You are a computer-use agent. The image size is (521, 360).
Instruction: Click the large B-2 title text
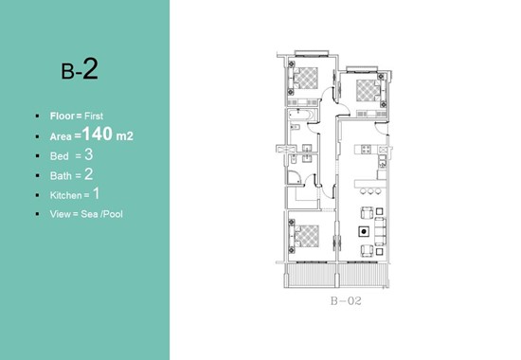[x=80, y=69]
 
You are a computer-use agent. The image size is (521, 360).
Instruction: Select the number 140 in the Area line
[x=98, y=134]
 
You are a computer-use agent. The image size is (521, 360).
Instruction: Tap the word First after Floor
[x=94, y=116]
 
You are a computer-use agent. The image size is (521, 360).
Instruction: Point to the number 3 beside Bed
[x=89, y=154]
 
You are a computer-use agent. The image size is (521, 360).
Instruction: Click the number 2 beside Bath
[x=89, y=174]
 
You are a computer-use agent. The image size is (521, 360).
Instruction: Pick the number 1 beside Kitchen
[x=96, y=193]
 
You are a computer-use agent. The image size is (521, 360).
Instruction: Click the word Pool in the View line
[x=113, y=214]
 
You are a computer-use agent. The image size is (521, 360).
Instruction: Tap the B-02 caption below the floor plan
[x=346, y=301]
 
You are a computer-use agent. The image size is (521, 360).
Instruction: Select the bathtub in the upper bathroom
[x=301, y=115]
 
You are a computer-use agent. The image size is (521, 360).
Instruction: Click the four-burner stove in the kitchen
[x=366, y=150]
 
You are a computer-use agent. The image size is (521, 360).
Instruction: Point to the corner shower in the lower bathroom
[x=294, y=177]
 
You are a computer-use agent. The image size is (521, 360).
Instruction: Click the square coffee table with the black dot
[x=364, y=231]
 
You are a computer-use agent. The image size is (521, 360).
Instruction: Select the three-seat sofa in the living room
[x=380, y=231]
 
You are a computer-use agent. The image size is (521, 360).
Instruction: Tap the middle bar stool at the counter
[x=370, y=191]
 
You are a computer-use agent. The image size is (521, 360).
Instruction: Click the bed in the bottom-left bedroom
[x=306, y=236]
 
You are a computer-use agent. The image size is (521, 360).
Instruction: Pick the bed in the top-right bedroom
[x=368, y=90]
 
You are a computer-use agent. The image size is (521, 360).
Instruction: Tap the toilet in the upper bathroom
[x=295, y=127]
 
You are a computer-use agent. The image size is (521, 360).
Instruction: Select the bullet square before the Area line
[x=38, y=136]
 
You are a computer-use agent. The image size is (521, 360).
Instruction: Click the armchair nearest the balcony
[x=367, y=250]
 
